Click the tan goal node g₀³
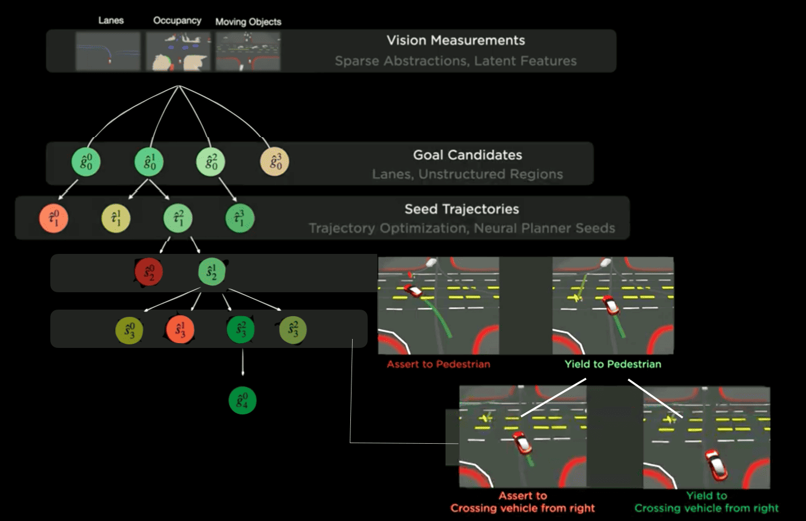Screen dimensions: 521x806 [x=275, y=162]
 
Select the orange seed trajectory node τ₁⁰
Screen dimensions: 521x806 [x=53, y=219]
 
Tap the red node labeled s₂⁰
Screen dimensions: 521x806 [x=149, y=272]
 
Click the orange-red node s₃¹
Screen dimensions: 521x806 [x=180, y=329]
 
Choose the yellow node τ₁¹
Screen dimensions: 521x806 [x=116, y=219]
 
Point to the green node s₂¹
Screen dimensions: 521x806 [x=212, y=272]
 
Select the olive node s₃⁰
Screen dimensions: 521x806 [x=129, y=329]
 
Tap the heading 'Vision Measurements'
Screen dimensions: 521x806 [x=456, y=41]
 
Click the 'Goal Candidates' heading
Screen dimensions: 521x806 [x=468, y=155]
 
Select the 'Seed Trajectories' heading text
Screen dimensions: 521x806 [x=462, y=210]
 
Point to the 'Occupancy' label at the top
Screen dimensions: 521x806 [x=177, y=20]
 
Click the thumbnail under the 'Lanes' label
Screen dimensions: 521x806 [x=108, y=51]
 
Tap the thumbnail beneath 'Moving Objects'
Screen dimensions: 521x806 [x=248, y=52]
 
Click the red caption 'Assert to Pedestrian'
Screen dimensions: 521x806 [x=438, y=364]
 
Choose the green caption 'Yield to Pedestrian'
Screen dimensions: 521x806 [x=613, y=364]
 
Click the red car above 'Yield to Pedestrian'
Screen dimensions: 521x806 [x=610, y=305]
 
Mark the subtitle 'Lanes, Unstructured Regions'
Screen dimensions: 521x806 [x=468, y=174]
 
